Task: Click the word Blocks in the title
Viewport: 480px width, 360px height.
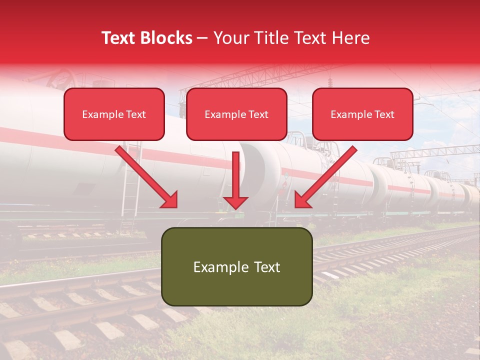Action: click(167, 38)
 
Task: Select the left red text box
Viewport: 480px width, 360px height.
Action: click(114, 114)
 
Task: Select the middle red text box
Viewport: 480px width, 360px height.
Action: click(236, 114)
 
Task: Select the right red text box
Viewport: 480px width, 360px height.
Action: click(362, 114)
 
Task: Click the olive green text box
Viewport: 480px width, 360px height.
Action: click(236, 266)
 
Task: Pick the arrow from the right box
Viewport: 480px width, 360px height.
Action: click(327, 175)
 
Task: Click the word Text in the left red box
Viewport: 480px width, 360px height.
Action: click(136, 114)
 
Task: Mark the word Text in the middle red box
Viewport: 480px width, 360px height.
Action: click(258, 114)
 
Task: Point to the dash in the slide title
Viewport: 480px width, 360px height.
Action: click(202, 38)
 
